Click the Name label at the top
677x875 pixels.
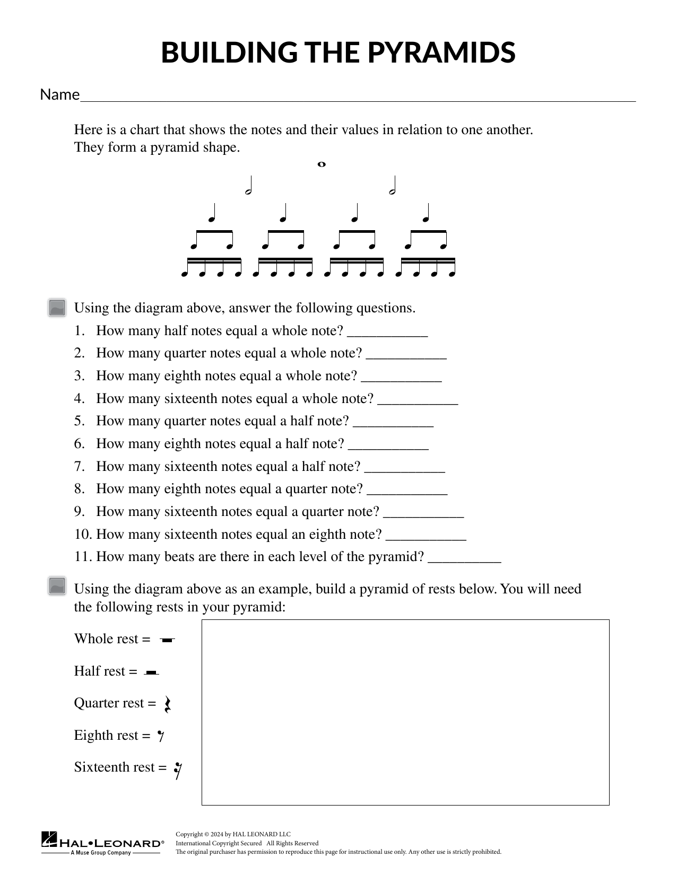tap(59, 94)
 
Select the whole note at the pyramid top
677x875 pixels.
tap(321, 164)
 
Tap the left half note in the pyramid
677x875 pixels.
tap(248, 186)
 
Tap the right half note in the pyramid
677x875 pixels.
tap(393, 186)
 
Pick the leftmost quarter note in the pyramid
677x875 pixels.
tap(212, 213)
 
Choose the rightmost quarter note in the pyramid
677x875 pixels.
tap(426, 213)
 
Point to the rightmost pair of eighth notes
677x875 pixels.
tap(426, 240)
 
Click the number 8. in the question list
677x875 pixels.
tap(80, 489)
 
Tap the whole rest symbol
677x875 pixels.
tap(167, 640)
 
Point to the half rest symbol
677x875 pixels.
tap(152, 672)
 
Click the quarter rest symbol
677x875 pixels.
tap(167, 704)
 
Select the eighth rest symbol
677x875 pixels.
tap(161, 736)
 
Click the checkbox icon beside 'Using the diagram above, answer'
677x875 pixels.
tap(57, 308)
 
